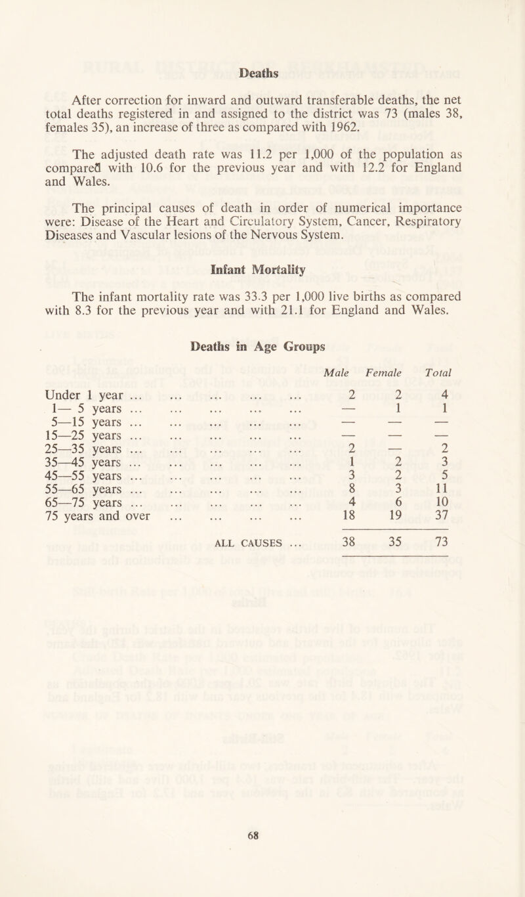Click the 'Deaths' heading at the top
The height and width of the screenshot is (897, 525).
pyautogui.click(x=262, y=68)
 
